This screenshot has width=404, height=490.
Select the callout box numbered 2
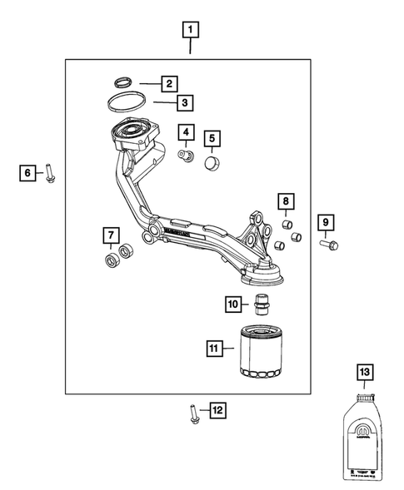168,83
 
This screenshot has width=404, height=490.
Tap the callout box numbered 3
186,103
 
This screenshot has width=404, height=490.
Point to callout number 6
29,172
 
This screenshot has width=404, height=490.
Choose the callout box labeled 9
326,222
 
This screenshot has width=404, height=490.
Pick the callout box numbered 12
217,410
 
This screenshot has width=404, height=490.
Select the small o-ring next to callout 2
122,82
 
